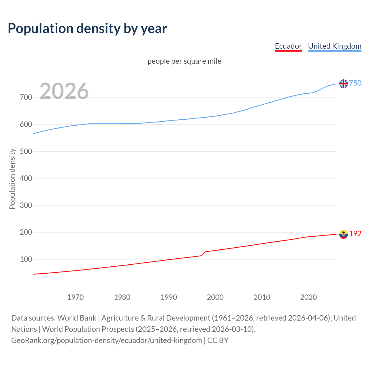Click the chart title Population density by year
(x=87, y=29)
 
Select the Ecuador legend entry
(x=288, y=46)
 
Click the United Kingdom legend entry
(x=334, y=46)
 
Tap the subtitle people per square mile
(x=184, y=61)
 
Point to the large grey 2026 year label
(x=64, y=91)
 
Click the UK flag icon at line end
(x=343, y=84)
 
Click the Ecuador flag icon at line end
(x=343, y=234)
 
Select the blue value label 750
(x=355, y=83)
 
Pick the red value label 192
(x=355, y=234)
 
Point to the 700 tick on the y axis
(x=26, y=97)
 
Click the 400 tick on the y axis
(x=26, y=178)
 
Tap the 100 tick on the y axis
(x=26, y=259)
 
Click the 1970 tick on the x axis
(x=76, y=297)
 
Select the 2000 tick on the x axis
(x=215, y=297)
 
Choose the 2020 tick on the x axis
(x=308, y=297)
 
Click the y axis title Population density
(x=12, y=179)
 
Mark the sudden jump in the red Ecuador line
(x=204, y=254)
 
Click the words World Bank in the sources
(x=77, y=318)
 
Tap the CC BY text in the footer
(x=218, y=340)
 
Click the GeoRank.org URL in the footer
(x=107, y=340)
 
